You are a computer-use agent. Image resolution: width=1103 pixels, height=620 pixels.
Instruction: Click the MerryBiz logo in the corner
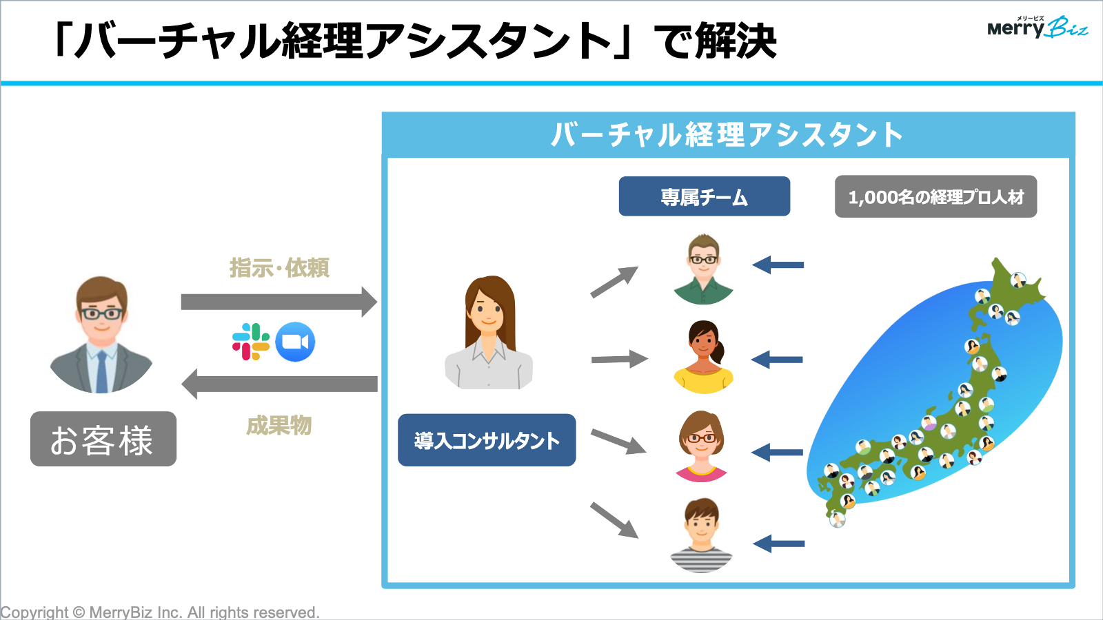pyautogui.click(x=1037, y=28)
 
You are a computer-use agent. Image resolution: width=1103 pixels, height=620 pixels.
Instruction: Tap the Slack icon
pyautogui.click(x=250, y=342)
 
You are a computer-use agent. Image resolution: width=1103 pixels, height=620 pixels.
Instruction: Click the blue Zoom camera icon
pyautogui.click(x=295, y=342)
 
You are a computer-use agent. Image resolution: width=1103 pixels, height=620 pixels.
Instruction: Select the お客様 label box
pyautogui.click(x=103, y=440)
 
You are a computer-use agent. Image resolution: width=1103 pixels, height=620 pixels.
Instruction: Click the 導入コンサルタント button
pyautogui.click(x=487, y=440)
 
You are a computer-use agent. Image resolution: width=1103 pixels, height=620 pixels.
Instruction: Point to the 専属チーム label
pyautogui.click(x=704, y=197)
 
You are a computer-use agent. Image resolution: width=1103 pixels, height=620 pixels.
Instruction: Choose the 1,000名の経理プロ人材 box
pyautogui.click(x=935, y=197)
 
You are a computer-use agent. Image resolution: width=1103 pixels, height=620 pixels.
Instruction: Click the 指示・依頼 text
pyautogui.click(x=279, y=268)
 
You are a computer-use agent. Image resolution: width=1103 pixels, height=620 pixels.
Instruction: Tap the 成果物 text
pyautogui.click(x=279, y=426)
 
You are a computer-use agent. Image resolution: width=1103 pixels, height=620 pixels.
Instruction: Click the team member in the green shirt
pyautogui.click(x=703, y=270)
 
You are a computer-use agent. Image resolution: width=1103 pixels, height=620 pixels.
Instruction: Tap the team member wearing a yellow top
pyautogui.click(x=703, y=358)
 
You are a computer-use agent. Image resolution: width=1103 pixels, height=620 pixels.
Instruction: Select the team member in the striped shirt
pyautogui.click(x=702, y=536)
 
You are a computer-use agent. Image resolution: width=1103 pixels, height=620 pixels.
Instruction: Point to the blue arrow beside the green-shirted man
pyautogui.click(x=778, y=265)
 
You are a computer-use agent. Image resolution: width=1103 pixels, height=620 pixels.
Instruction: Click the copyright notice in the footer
pyautogui.click(x=160, y=612)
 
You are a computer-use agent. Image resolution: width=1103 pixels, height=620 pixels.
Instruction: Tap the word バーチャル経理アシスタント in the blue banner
pyautogui.click(x=727, y=135)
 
